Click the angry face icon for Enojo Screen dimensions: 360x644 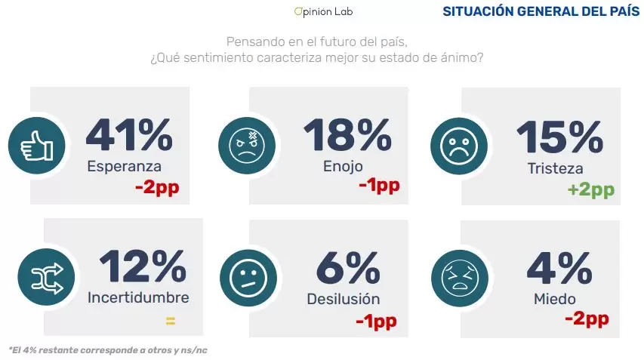(x=242, y=144)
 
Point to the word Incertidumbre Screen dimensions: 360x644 (x=138, y=297)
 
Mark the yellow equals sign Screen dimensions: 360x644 (x=170, y=321)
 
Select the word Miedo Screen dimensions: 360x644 (x=555, y=299)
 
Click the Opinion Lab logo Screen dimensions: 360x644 (x=323, y=12)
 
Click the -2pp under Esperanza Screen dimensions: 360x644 (x=158, y=187)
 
